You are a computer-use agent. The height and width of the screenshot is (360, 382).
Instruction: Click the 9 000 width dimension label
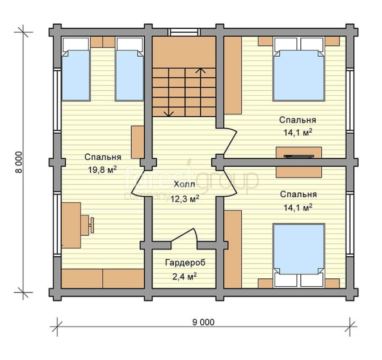click(203, 322)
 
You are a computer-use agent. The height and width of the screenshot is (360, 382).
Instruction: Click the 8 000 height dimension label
click(19, 162)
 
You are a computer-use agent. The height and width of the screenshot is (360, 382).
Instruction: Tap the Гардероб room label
click(185, 262)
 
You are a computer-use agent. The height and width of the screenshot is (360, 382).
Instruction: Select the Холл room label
click(184, 184)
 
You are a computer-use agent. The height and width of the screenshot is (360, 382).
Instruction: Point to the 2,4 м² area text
click(184, 277)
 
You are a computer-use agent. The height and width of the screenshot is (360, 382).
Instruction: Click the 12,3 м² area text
click(184, 199)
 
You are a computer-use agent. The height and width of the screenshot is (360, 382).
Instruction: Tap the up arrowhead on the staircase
click(200, 71)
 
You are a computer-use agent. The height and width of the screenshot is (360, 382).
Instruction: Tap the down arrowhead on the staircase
click(169, 113)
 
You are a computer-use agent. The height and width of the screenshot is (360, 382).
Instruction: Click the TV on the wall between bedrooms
click(299, 156)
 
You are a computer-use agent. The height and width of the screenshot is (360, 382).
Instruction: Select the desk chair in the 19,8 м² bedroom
click(87, 225)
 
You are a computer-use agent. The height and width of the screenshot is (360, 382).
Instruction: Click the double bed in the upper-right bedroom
click(299, 69)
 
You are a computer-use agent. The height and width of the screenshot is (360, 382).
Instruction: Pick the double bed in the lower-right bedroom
click(299, 256)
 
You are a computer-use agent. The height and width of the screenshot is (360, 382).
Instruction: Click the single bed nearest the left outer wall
click(76, 69)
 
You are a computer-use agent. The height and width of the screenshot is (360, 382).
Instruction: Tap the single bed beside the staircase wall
click(129, 69)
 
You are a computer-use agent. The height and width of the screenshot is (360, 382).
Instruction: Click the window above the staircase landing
click(184, 32)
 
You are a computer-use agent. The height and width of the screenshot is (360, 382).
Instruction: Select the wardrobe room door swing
click(184, 236)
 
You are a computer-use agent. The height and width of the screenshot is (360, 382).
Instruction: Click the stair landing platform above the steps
click(184, 52)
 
